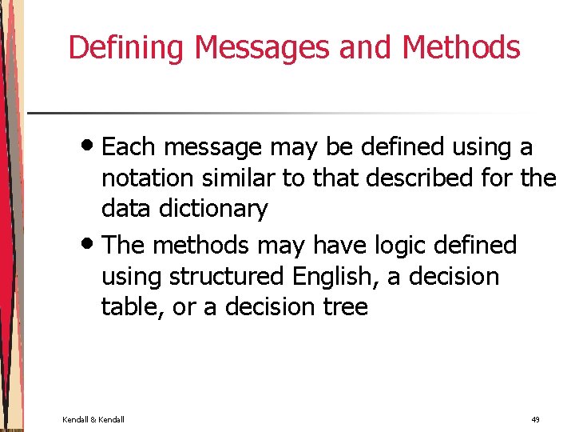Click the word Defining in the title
tap(128, 48)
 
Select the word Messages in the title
tap(263, 48)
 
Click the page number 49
tap(534, 419)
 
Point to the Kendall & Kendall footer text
tap(93, 419)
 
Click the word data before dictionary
tap(127, 210)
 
